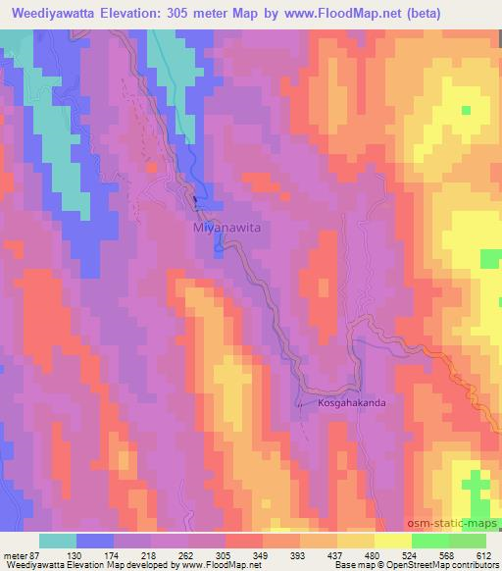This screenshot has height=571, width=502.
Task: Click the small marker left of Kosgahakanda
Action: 300,402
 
